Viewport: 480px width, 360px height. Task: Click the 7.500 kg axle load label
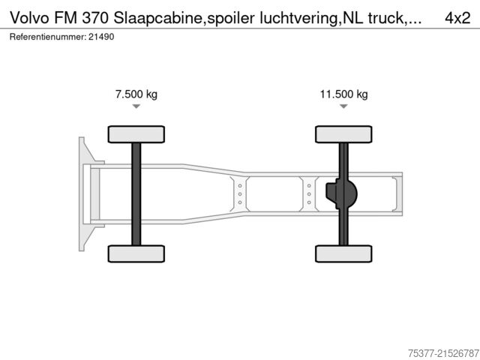(x=136, y=94)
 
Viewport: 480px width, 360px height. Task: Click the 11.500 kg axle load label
(x=343, y=94)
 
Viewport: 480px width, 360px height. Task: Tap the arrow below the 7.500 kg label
(x=136, y=106)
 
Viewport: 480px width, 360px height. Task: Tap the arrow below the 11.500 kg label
(x=343, y=106)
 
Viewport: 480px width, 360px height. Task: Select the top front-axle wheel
(x=136, y=134)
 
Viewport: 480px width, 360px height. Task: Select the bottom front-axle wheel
(x=136, y=253)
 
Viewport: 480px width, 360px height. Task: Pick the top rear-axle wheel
(x=343, y=134)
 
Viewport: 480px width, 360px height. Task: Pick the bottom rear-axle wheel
(x=343, y=253)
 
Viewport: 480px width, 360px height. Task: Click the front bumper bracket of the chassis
(x=85, y=193)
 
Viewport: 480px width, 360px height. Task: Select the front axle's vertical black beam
(x=136, y=193)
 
